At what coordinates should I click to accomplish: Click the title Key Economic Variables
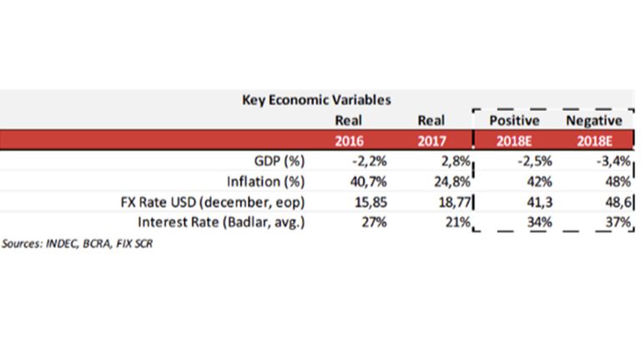(316, 100)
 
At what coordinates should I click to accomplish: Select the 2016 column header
(349, 141)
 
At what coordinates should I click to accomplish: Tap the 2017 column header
(432, 141)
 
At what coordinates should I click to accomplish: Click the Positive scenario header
(514, 120)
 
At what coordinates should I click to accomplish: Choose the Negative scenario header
(594, 120)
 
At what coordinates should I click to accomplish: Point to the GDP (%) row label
(280, 161)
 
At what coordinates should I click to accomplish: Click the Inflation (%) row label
(266, 181)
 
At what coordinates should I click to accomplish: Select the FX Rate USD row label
(213, 202)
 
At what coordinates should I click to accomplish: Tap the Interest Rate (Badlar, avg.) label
(221, 222)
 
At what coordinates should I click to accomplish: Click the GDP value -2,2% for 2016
(370, 161)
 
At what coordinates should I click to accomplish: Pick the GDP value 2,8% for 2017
(456, 161)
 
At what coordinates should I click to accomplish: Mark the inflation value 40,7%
(368, 181)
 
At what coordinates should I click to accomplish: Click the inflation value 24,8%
(452, 181)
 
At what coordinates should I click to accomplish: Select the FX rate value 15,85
(371, 202)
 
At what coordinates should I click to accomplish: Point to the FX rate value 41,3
(540, 202)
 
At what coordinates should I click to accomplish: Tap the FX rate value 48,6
(618, 202)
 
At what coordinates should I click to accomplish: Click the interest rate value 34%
(540, 222)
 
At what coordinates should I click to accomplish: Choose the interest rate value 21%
(458, 222)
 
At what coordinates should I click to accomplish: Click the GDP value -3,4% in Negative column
(613, 161)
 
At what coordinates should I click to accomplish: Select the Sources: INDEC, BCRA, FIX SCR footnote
(78, 244)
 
